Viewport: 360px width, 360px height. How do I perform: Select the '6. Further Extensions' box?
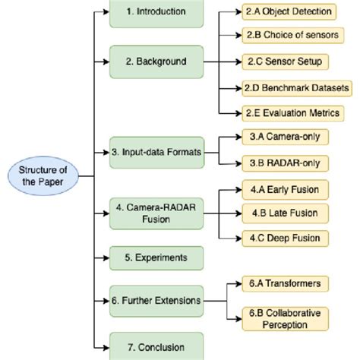click(156, 300)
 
